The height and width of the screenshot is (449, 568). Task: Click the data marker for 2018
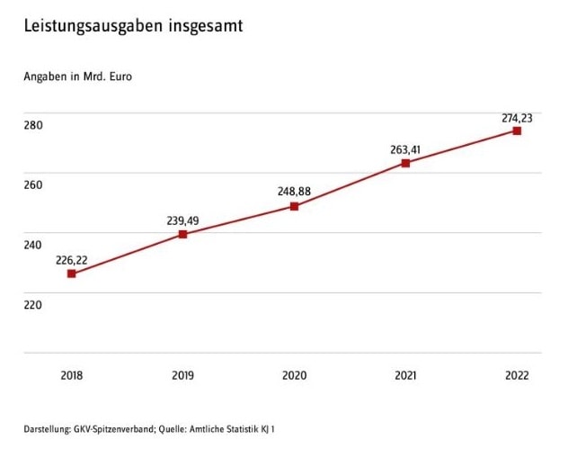pos(72,274)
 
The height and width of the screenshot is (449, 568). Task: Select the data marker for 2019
pos(183,234)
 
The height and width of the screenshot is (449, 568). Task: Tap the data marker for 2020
pos(294,206)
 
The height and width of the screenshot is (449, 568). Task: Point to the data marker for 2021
pos(405,163)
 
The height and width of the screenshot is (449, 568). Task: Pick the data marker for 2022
pos(517,130)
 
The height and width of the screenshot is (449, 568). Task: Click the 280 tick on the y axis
pos(33,125)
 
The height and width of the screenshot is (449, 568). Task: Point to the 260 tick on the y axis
pos(33,185)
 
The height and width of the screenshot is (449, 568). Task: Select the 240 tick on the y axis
pos(33,245)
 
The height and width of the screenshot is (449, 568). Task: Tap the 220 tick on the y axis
pos(33,305)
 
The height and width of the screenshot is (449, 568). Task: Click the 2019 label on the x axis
pos(183,375)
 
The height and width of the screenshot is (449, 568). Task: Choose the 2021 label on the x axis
pos(405,375)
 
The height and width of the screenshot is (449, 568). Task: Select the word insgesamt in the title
pos(204,26)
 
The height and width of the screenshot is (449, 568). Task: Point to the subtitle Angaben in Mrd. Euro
pos(77,76)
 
